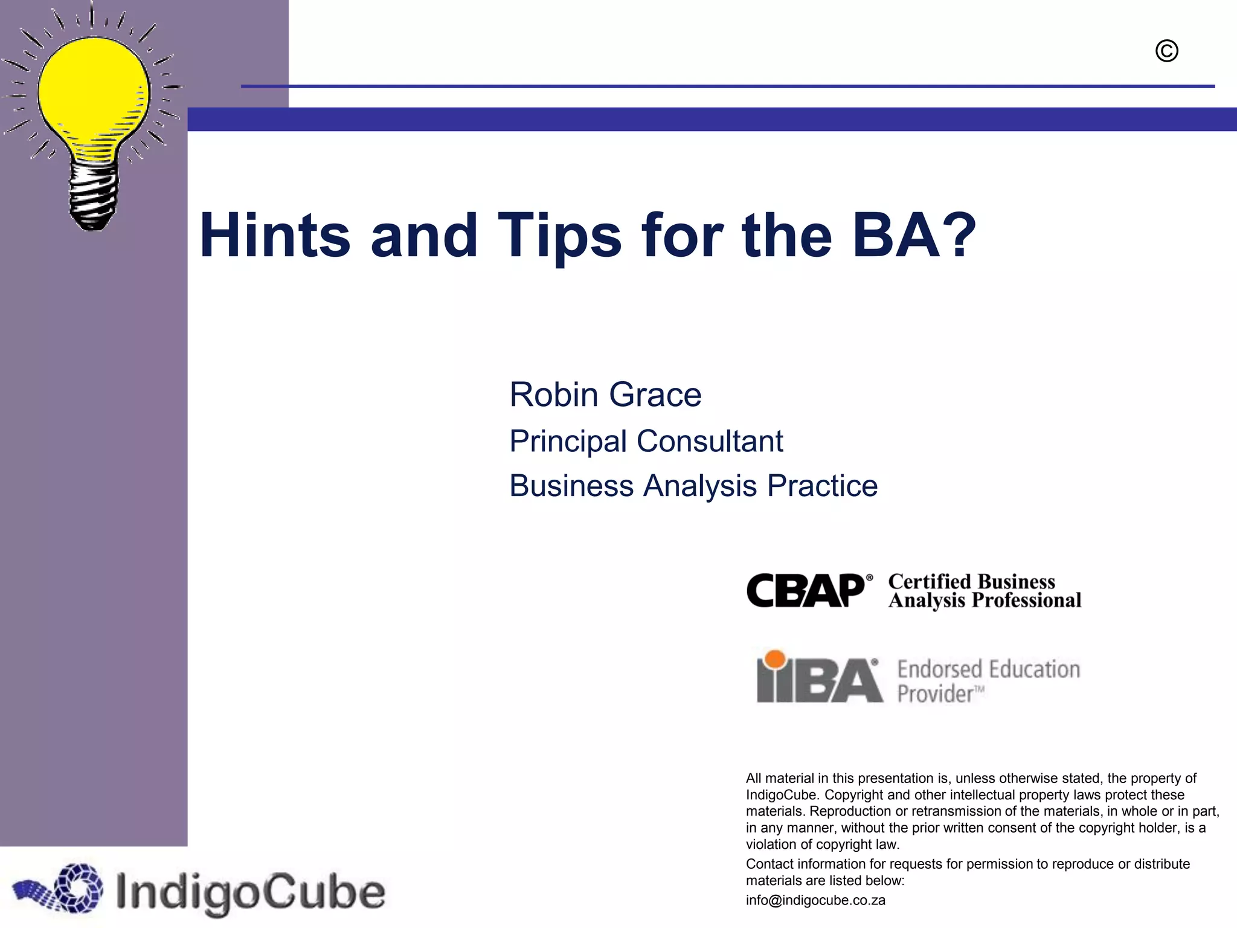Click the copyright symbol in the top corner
pyautogui.click(x=1166, y=51)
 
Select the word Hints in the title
pyautogui.click(x=275, y=236)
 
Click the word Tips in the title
pyautogui.click(x=559, y=236)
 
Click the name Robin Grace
pyautogui.click(x=605, y=395)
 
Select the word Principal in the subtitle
pyautogui.click(x=568, y=441)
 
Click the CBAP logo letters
pyautogui.click(x=806, y=590)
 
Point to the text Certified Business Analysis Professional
pyautogui.click(x=984, y=591)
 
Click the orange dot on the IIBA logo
pyautogui.click(x=775, y=659)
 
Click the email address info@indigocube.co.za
pyautogui.click(x=815, y=900)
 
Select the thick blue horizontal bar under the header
pyautogui.click(x=712, y=119)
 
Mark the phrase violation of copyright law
pyautogui.click(x=822, y=845)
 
